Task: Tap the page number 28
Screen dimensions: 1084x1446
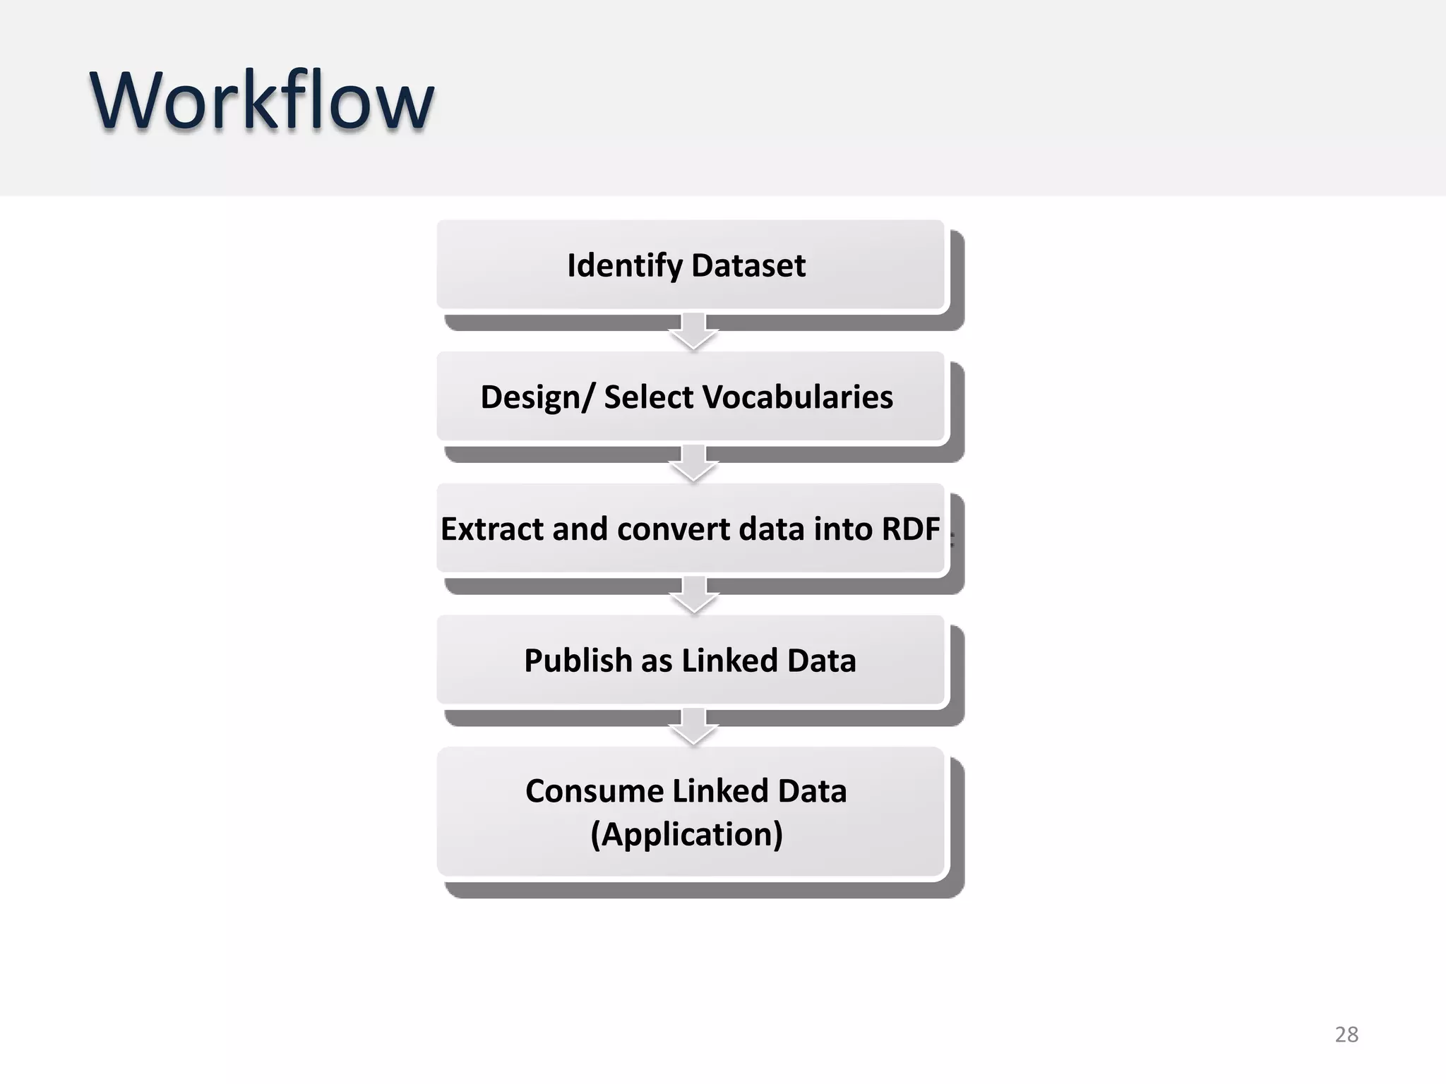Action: click(1346, 1035)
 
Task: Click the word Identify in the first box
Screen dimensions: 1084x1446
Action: click(624, 266)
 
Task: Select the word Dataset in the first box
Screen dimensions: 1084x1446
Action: click(748, 266)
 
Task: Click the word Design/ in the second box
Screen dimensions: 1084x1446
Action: click(537, 397)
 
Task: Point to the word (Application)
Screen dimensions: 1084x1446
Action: click(686, 834)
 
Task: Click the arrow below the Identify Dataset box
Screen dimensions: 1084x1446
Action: click(693, 332)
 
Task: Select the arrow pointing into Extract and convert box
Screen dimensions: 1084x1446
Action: click(693, 464)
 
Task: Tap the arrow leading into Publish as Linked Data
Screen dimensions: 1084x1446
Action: click(693, 596)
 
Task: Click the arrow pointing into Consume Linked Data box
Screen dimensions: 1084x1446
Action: click(693, 727)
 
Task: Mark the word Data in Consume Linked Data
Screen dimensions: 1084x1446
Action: click(811, 791)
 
